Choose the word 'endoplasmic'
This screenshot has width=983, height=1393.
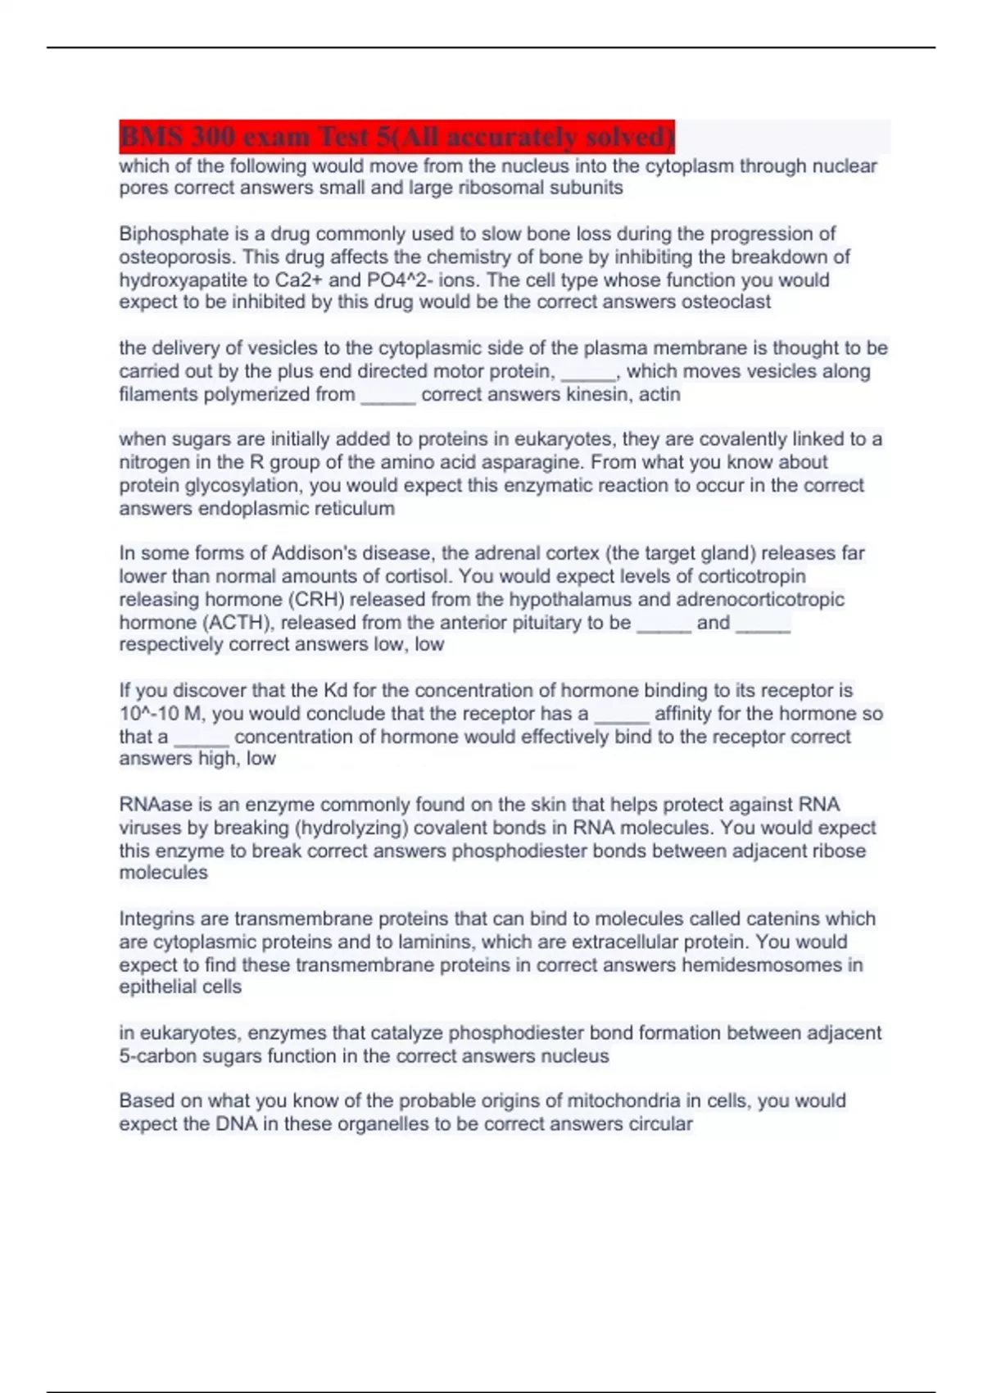(x=214, y=509)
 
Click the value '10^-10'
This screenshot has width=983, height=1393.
(x=149, y=714)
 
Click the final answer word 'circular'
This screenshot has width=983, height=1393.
(x=660, y=1124)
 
